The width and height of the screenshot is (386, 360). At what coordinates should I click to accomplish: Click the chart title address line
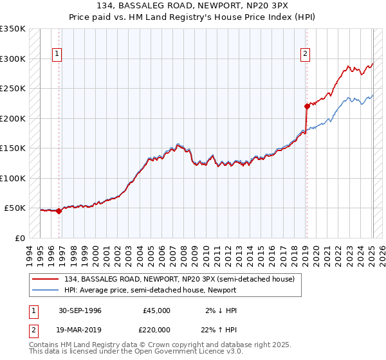pyautogui.click(x=193, y=6)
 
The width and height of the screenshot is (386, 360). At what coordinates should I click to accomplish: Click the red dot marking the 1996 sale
pyautogui.click(x=59, y=210)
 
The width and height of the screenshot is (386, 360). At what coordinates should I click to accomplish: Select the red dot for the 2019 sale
pyautogui.click(x=306, y=107)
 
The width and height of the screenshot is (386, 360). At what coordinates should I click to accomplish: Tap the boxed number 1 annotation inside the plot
pyautogui.click(x=57, y=54)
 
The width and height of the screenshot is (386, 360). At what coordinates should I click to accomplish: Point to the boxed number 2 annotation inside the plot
pyautogui.click(x=305, y=54)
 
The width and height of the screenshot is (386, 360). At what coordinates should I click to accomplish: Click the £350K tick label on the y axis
pyautogui.click(x=13, y=29)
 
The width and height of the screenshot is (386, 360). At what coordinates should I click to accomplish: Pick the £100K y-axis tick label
pyautogui.click(x=13, y=178)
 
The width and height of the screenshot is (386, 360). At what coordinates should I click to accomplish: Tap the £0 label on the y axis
pyautogui.click(x=19, y=238)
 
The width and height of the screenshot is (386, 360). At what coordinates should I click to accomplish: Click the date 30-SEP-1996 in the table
pyautogui.click(x=80, y=310)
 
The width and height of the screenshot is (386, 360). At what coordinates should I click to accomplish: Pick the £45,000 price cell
pyautogui.click(x=156, y=310)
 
